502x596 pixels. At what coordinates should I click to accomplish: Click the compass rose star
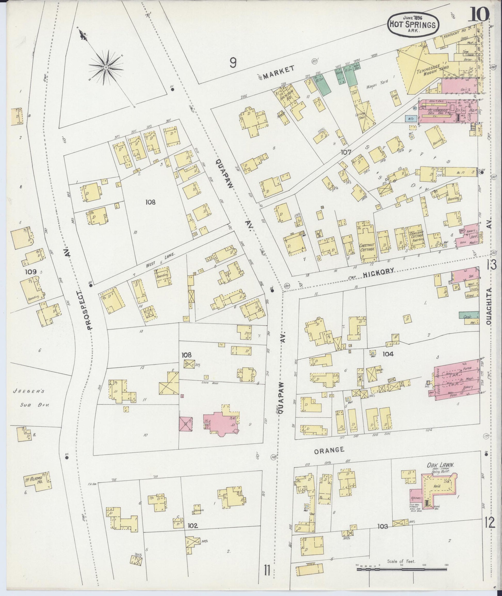pos(106,67)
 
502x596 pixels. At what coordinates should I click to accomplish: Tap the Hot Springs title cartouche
pos(413,25)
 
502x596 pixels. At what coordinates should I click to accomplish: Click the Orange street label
pos(329,450)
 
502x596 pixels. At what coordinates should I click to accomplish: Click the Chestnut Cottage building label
pos(367,247)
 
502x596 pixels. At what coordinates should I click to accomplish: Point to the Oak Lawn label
pos(440,465)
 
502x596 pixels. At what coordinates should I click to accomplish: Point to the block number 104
pos(388,354)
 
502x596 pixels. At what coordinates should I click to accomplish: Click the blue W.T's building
pos(411,118)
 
